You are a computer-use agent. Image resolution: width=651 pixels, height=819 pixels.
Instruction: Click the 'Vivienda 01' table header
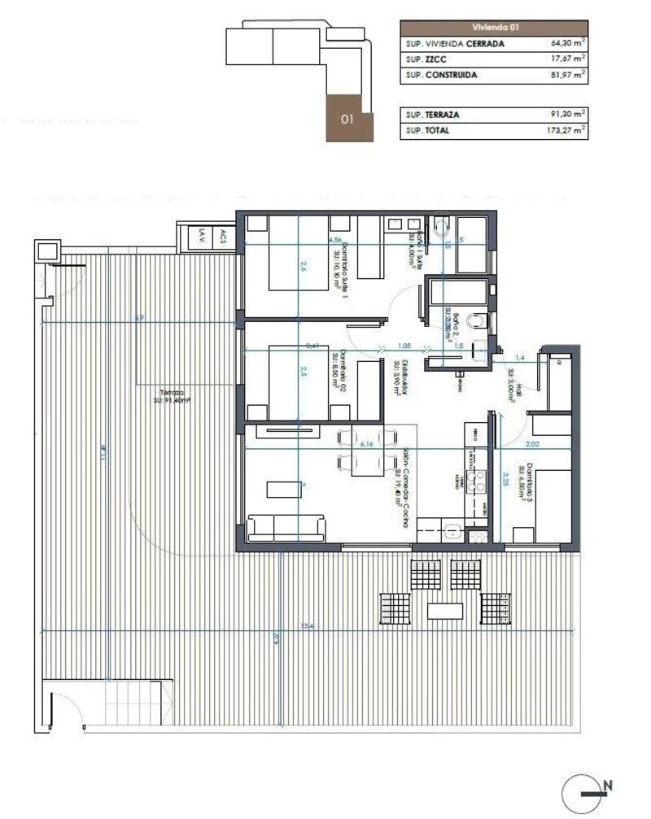494,27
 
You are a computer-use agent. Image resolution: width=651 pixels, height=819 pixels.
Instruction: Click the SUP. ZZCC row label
426,59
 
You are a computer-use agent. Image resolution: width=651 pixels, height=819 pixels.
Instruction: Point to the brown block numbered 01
349,118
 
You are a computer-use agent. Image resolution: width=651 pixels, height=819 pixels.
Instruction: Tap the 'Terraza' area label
170,395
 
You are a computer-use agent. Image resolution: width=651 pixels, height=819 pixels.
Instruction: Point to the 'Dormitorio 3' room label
530,482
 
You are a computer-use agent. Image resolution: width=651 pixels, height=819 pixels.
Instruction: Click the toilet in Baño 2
480,323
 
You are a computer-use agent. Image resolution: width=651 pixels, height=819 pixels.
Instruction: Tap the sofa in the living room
286,528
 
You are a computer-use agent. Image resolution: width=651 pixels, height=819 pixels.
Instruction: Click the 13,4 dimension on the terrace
306,625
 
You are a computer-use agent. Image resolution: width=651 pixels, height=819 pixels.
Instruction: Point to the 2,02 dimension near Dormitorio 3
533,444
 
